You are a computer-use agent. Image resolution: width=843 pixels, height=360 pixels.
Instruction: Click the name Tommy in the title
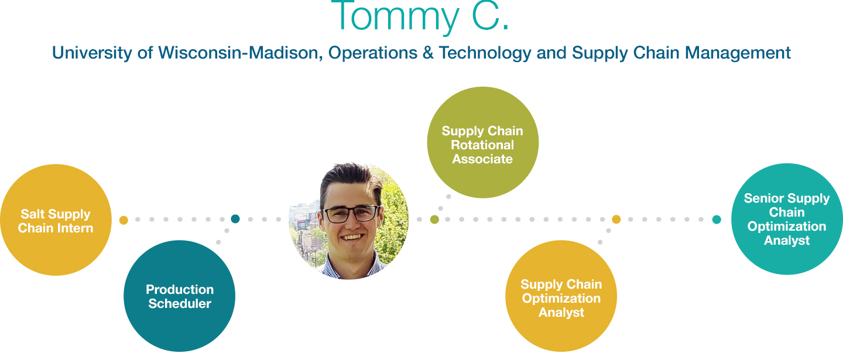tap(396, 16)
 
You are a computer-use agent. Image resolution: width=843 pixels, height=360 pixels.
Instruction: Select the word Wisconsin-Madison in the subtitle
tap(240, 53)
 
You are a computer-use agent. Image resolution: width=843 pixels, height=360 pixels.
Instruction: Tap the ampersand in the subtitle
tap(428, 53)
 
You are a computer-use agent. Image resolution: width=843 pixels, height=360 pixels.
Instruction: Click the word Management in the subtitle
tap(738, 53)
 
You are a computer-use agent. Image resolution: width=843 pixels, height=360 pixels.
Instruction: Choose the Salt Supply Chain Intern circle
tap(56, 220)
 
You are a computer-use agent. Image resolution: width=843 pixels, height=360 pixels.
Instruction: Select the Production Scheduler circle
tap(180, 296)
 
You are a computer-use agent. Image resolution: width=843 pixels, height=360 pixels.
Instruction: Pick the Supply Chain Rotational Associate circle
tap(483, 143)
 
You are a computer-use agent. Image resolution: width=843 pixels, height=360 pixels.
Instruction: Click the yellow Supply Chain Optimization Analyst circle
tap(561, 296)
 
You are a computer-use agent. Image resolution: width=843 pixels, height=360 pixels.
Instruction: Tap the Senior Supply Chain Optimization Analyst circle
tap(787, 219)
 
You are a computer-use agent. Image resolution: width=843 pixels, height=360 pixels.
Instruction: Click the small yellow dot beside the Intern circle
tap(124, 220)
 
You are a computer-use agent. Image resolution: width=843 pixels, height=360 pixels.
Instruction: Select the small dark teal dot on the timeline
tap(235, 219)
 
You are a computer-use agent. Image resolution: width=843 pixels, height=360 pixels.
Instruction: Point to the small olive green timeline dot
tap(434, 220)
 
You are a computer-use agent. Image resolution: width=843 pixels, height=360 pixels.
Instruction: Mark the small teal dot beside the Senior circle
tap(717, 220)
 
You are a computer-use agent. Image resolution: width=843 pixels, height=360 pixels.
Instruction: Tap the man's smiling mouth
tap(352, 238)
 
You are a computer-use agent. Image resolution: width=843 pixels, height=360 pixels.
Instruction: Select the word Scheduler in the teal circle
tap(180, 304)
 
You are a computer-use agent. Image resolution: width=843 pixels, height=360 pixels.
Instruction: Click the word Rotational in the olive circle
tap(482, 145)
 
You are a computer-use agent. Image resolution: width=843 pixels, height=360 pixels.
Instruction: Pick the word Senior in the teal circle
tap(763, 198)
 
